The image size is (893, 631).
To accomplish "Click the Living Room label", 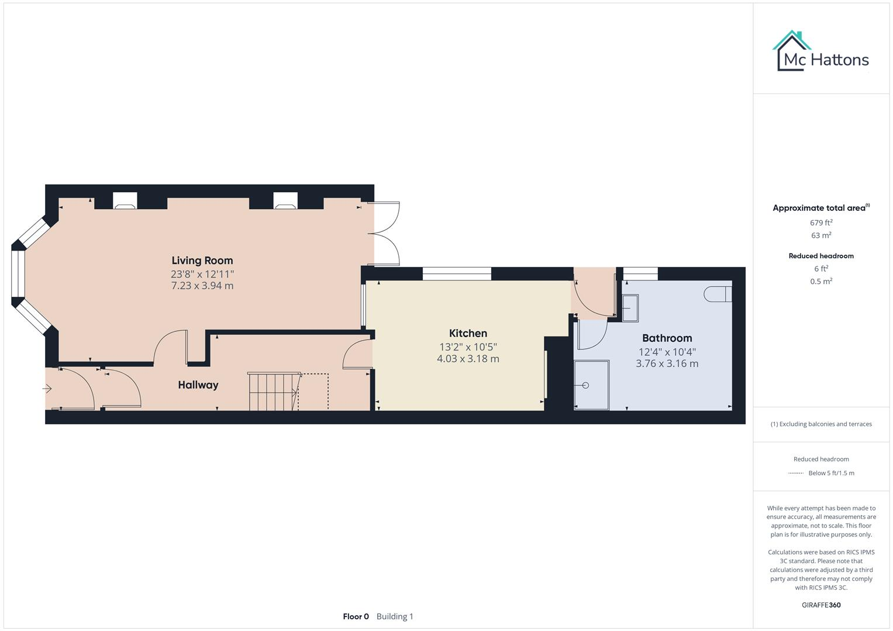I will pyautogui.click(x=202, y=261).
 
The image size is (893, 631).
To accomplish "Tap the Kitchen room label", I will pyautogui.click(x=468, y=334).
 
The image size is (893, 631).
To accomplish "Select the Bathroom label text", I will pyautogui.click(x=667, y=338).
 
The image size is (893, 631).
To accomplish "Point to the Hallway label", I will pyautogui.click(x=198, y=385).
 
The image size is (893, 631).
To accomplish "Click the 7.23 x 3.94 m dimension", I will pyautogui.click(x=202, y=286).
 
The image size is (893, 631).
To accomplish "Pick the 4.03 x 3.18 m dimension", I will pyautogui.click(x=468, y=359).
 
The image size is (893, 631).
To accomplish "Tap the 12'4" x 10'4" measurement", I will pyautogui.click(x=667, y=352).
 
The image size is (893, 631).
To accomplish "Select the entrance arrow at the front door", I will pyautogui.click(x=47, y=389).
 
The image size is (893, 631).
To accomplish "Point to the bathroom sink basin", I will pyautogui.click(x=630, y=307).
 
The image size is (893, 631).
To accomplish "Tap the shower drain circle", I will pyautogui.click(x=585, y=386).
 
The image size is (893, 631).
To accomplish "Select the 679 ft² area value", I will pyautogui.click(x=821, y=223).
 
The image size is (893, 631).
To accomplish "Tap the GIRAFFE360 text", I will pyautogui.click(x=821, y=605).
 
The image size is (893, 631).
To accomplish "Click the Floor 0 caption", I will pyautogui.click(x=356, y=616).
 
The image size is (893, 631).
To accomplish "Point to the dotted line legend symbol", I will pyautogui.click(x=795, y=473).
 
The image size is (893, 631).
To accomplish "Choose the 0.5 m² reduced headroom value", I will pyautogui.click(x=821, y=281).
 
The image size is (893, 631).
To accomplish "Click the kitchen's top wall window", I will pyautogui.click(x=457, y=273).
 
